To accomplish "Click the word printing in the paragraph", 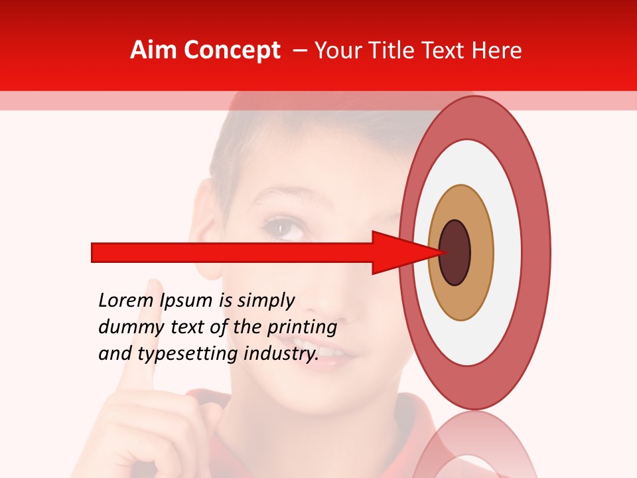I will [x=301, y=328].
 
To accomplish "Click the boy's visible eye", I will [x=285, y=229].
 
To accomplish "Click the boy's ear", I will [x=207, y=239].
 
